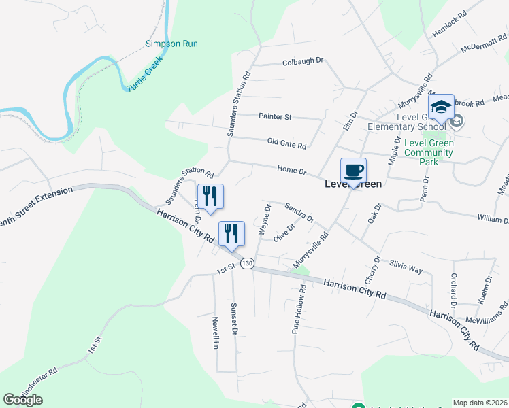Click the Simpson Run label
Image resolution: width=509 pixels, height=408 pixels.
tap(171, 44)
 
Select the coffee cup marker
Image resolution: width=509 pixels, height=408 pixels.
tap(353, 171)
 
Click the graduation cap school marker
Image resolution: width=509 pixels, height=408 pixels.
tap(441, 107)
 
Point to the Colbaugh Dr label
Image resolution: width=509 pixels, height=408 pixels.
tap(303, 61)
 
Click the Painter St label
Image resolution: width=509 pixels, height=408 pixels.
tap(275, 117)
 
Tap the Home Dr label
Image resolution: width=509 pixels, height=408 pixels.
tap(292, 170)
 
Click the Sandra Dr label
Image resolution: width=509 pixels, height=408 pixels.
tap(299, 213)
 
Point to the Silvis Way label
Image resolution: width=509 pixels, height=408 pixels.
tap(406, 265)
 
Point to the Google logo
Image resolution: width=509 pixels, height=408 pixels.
tap(22, 400)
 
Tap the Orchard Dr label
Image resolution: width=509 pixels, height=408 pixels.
tap(453, 290)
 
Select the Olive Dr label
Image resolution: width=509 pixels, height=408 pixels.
tap(284, 233)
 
